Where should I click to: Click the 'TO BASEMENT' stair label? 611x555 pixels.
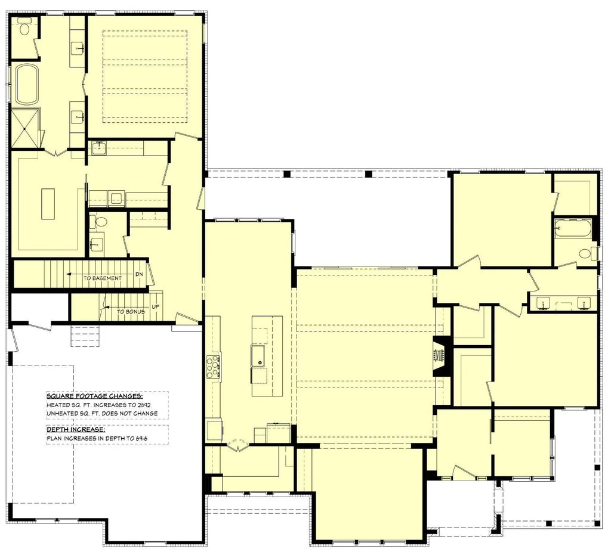point(103,278)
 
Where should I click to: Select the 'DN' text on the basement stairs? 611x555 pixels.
point(139,274)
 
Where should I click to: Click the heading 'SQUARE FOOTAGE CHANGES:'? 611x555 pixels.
point(94,396)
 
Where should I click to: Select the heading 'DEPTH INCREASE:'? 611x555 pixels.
point(76,429)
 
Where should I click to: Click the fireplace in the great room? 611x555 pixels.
point(439,356)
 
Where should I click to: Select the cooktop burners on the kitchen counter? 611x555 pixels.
point(213,366)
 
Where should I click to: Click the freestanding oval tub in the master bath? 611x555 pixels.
point(26,85)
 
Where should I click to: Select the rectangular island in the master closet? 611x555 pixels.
point(48,204)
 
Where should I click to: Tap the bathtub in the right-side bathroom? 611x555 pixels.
point(572,228)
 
